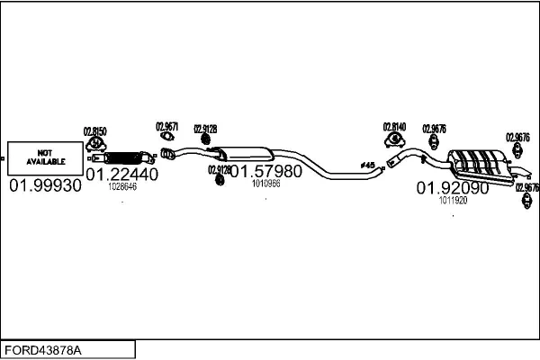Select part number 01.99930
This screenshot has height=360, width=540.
[x=45, y=186]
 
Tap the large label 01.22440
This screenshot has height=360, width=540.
[x=121, y=174]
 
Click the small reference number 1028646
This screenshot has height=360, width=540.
[x=121, y=187]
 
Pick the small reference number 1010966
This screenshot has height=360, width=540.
[x=265, y=183]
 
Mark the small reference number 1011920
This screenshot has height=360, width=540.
[x=453, y=201]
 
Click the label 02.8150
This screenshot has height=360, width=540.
[x=95, y=131]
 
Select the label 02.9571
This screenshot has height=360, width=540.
[x=167, y=126]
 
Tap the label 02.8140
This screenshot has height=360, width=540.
[x=394, y=127]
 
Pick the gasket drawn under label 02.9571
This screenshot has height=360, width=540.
[x=167, y=138]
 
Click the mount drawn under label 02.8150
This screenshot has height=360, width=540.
[x=95, y=147]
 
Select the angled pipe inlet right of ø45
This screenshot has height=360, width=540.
[x=396, y=162]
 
